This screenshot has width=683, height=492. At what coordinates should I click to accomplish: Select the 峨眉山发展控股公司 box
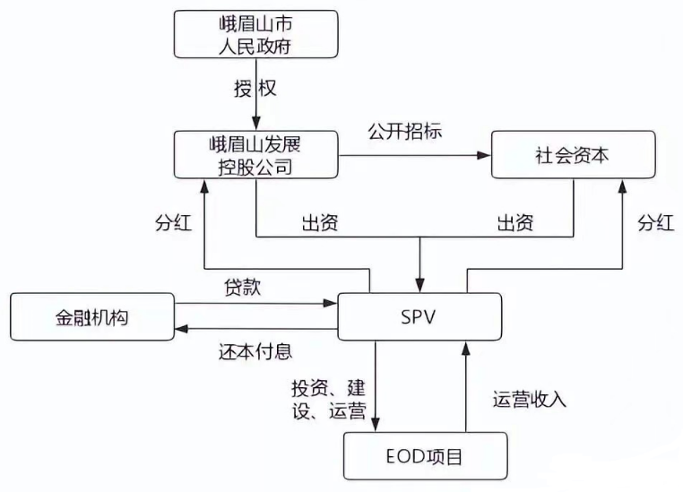(255, 154)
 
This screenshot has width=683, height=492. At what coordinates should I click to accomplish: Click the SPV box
(419, 317)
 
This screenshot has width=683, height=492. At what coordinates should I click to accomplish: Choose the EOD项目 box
(425, 457)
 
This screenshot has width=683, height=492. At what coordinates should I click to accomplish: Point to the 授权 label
(256, 90)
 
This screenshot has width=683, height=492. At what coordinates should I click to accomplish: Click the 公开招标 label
(405, 131)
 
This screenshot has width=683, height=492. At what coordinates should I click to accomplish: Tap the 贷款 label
(243, 289)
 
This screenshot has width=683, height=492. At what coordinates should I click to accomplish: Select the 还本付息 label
(255, 350)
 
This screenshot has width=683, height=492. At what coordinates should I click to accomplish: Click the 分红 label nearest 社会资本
(655, 223)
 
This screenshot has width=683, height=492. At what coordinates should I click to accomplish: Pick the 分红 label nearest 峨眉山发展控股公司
(173, 223)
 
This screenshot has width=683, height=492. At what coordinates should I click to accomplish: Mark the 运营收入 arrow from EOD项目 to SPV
(466, 385)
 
